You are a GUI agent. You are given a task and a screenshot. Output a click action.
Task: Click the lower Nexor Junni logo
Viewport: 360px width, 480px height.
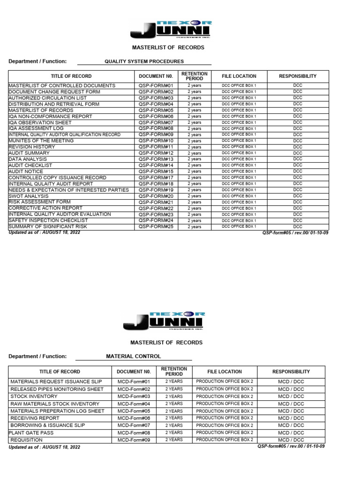pyautogui.click(x=163, y=321)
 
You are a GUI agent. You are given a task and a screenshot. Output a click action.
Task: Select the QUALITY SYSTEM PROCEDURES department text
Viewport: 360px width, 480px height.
pyautogui.click(x=144, y=61)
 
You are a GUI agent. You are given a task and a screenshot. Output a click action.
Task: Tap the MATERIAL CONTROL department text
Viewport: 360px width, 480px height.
pyautogui.click(x=134, y=356)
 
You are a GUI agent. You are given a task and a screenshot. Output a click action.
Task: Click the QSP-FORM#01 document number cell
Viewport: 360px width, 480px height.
pyautogui.click(x=156, y=86)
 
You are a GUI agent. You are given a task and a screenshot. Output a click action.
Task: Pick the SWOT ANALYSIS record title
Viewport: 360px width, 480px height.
pyautogui.click(x=29, y=196)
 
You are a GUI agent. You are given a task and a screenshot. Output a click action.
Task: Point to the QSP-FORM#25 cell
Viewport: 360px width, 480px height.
pyautogui.click(x=156, y=226)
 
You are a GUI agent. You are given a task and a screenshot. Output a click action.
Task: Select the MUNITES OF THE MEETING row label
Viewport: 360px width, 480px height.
pyautogui.click(x=41, y=141)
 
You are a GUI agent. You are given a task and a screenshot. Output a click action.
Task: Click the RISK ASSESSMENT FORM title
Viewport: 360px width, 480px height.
pyautogui.click(x=39, y=202)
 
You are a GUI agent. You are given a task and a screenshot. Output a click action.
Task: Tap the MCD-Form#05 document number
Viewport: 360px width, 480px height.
pyautogui.click(x=134, y=411)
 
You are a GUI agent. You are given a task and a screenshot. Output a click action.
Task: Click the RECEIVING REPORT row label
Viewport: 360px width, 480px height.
pyautogui.click(x=35, y=418)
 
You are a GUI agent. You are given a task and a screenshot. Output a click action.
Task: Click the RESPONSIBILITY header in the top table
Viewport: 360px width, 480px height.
pyautogui.click(x=298, y=76)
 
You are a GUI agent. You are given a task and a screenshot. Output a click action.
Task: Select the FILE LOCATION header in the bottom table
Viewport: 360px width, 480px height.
pyautogui.click(x=225, y=372)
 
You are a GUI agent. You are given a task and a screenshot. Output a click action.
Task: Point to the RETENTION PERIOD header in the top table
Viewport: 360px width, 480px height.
pyautogui.click(x=195, y=76)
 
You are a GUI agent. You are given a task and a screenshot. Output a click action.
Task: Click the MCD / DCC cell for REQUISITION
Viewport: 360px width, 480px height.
pyautogui.click(x=291, y=440)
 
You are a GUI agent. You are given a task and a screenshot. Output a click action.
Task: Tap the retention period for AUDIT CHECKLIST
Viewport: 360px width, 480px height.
pyautogui.click(x=195, y=165)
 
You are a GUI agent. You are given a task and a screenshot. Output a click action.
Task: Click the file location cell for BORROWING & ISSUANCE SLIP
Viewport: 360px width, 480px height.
pyautogui.click(x=225, y=425)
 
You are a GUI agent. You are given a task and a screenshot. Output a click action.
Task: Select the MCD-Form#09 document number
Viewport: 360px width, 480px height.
pyautogui.click(x=134, y=440)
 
